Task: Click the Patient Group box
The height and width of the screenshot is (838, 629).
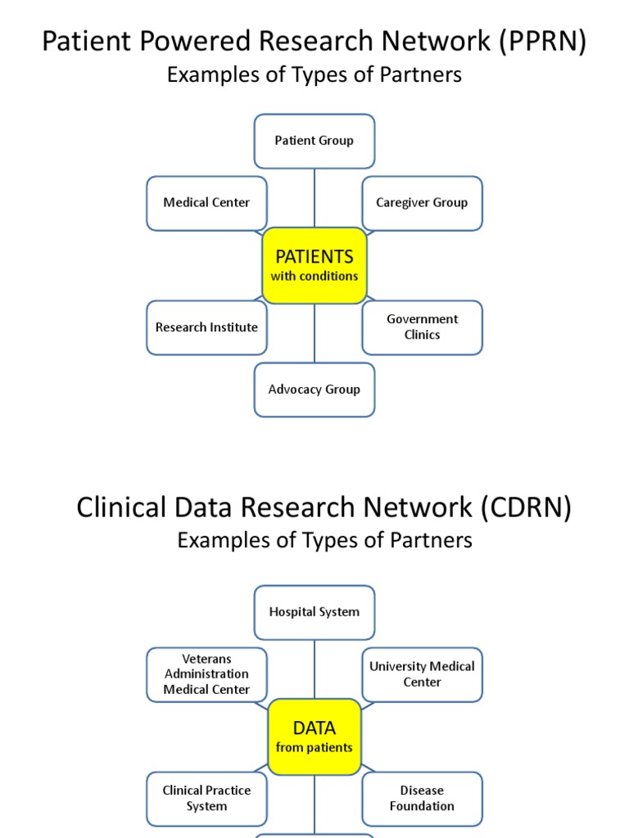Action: [314, 141]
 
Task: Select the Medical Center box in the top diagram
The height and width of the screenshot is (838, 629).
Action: [206, 203]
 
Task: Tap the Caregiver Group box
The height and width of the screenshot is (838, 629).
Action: [422, 203]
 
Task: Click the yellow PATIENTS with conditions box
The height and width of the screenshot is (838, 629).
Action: [314, 266]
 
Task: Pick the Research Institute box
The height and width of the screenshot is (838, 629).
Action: [206, 327]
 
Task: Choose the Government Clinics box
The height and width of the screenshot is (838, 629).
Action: [422, 327]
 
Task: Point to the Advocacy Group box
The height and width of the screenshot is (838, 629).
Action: [314, 390]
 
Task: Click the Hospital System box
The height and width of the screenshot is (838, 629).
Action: [314, 612]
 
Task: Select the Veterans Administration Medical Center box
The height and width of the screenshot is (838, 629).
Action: [206, 674]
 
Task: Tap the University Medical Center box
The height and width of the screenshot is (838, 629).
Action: [422, 674]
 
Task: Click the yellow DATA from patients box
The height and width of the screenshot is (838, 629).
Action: [314, 737]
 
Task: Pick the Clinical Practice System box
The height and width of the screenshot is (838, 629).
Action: [206, 799]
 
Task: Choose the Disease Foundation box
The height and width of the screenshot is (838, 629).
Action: [422, 799]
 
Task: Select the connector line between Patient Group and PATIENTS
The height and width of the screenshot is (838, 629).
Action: [314, 198]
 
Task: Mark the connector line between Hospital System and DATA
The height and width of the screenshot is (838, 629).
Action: [314, 669]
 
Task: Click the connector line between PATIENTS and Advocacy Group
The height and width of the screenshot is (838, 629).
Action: [314, 334]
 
